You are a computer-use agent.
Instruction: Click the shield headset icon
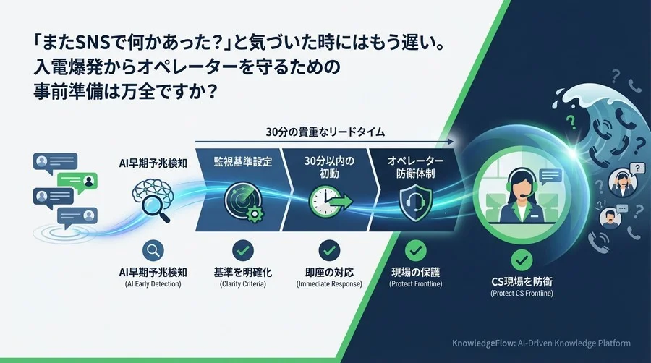click(415, 197)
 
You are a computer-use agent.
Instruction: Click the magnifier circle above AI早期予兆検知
click(153, 250)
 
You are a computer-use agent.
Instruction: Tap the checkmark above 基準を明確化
click(242, 250)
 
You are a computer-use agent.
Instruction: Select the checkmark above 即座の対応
click(329, 250)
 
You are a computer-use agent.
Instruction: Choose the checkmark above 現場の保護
click(415, 250)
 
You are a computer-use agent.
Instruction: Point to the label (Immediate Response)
click(329, 285)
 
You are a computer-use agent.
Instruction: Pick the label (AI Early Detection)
click(153, 285)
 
